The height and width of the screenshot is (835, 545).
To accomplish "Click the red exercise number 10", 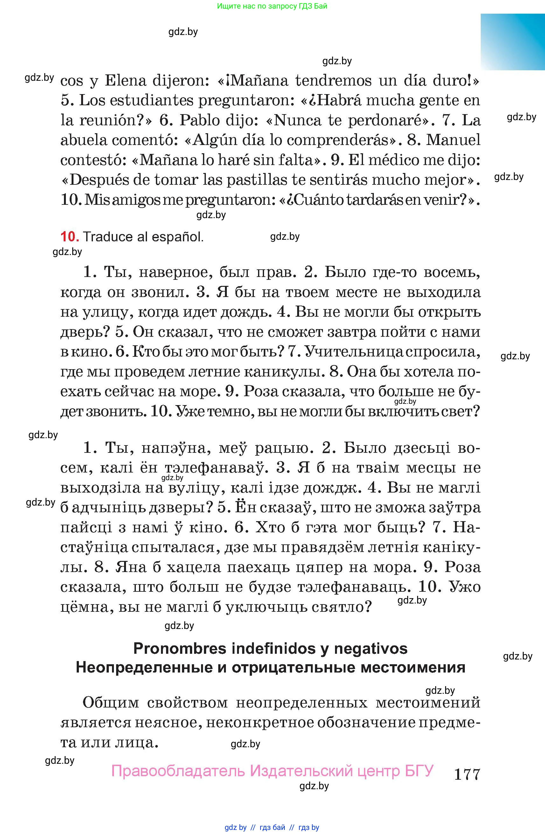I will pos(69,237).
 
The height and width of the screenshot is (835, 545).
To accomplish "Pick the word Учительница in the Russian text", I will pos(353,352).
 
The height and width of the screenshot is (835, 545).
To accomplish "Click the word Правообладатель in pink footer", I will pos(177,771).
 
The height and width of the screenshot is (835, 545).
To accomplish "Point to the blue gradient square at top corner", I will pos(512,42).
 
